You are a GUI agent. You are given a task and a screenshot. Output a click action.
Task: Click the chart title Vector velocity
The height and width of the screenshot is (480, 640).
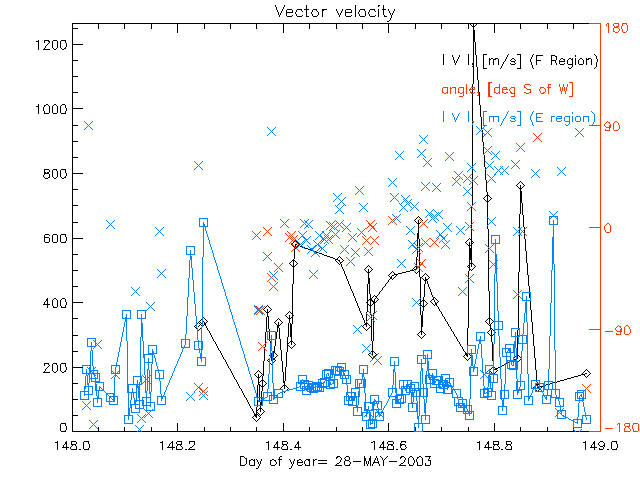320,11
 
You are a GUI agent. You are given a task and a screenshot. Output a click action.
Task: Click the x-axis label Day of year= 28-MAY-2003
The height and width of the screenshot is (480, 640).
320,461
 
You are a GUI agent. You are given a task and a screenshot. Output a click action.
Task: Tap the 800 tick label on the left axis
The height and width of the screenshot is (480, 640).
56,174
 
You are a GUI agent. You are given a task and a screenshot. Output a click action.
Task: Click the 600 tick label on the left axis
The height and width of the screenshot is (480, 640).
56,238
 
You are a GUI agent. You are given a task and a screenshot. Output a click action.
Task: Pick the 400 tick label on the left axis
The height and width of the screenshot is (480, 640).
56,303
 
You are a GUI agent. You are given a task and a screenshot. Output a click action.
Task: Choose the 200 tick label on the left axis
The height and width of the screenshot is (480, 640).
56,367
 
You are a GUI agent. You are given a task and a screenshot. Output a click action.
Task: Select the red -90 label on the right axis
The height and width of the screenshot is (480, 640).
617,328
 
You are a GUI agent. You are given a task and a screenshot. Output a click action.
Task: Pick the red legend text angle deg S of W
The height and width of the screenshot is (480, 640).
507,89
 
